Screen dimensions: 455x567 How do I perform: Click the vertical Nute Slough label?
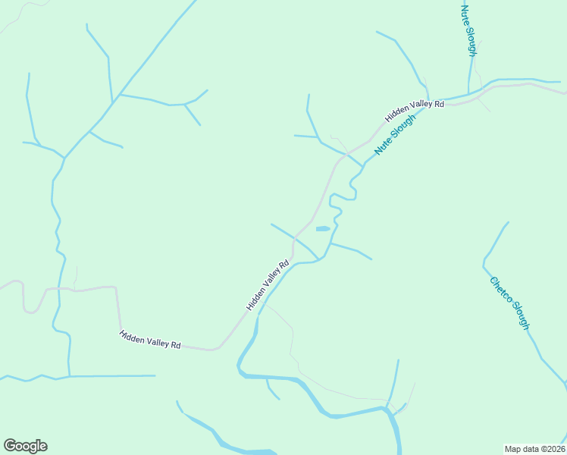pos(468,30)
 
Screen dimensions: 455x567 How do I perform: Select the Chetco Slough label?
pos(509,303)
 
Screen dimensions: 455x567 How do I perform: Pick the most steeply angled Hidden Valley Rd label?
pos(268,285)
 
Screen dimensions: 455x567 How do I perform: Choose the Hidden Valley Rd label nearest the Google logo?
pos(149,339)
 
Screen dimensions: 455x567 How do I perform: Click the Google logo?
pos(25,446)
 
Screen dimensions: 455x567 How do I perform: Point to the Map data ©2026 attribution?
pos(534,448)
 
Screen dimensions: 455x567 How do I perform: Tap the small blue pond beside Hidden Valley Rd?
pos(322,228)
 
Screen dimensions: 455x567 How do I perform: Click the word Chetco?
pos(500,290)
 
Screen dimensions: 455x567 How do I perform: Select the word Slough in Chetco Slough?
pos(518,315)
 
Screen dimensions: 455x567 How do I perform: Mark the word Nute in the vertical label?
pos(465,14)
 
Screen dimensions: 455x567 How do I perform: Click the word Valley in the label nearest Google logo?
pos(150,339)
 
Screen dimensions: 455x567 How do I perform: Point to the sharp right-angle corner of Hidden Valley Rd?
pos(115,287)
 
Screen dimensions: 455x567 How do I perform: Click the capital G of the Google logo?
pos(10,446)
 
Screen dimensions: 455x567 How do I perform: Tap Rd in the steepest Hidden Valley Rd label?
pos(283,265)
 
